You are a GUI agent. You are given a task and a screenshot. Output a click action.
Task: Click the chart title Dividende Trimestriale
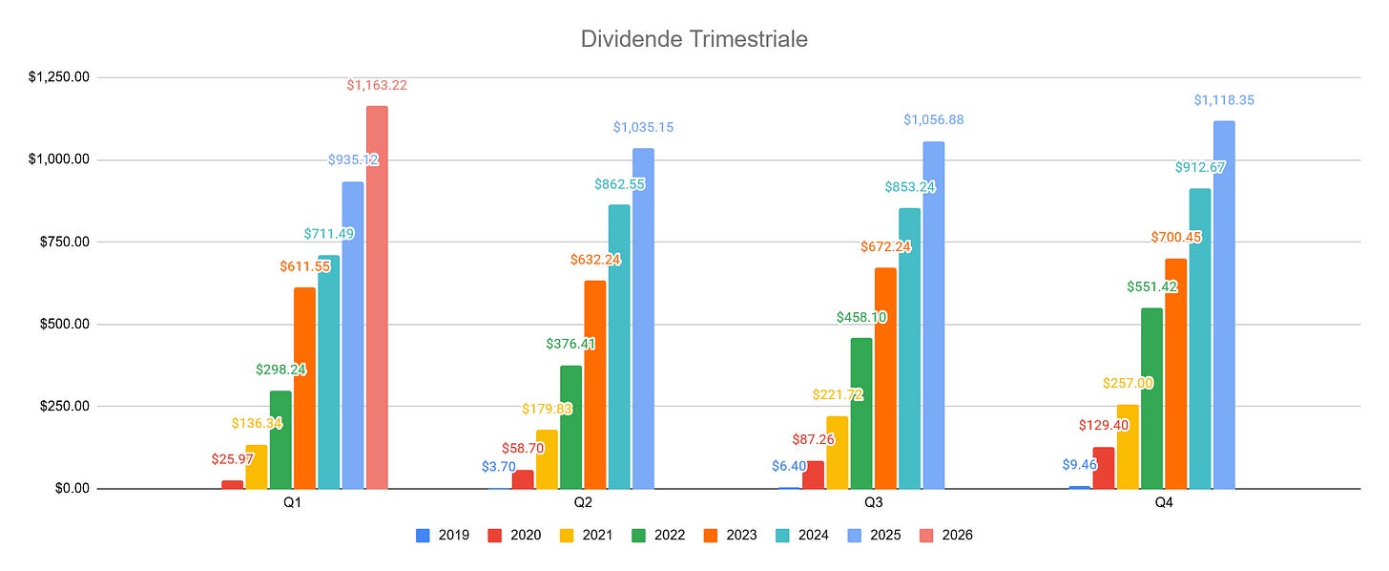pyautogui.click(x=694, y=39)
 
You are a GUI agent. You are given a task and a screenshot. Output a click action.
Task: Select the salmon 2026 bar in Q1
pyautogui.click(x=377, y=297)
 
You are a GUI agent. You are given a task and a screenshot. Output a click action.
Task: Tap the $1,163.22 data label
pyautogui.click(x=377, y=85)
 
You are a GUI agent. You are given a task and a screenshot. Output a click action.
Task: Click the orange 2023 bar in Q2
pyautogui.click(x=595, y=385)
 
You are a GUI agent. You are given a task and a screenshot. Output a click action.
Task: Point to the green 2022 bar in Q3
pyautogui.click(x=861, y=413)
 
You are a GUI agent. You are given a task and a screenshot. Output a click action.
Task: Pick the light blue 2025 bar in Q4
pyautogui.click(x=1224, y=305)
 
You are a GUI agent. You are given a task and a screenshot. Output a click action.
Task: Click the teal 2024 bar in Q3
pyautogui.click(x=910, y=349)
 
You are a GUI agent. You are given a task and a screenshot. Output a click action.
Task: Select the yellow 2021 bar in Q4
pyautogui.click(x=1128, y=447)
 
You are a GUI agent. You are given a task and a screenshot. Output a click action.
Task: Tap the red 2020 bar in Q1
pyautogui.click(x=233, y=485)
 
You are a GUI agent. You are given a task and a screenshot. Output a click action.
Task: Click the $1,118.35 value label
pyautogui.click(x=1224, y=100)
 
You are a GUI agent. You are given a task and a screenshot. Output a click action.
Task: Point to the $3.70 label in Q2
pyautogui.click(x=499, y=467)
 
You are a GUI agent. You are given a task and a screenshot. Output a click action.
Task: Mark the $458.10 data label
pyautogui.click(x=861, y=317)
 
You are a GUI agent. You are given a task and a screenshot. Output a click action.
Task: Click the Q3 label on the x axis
pyautogui.click(x=873, y=502)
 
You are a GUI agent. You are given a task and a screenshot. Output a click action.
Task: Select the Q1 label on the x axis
pyautogui.click(x=292, y=502)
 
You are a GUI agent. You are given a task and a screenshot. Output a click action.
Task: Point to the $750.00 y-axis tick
pyautogui.click(x=65, y=243)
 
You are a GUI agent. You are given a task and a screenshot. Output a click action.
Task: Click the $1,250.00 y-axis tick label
pyautogui.click(x=59, y=77)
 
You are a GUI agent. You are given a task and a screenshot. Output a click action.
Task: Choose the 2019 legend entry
pyautogui.click(x=443, y=535)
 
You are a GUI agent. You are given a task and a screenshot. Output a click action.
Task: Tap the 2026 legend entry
pyautogui.click(x=946, y=535)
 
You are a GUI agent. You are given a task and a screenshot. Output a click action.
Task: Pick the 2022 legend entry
pyautogui.click(x=658, y=535)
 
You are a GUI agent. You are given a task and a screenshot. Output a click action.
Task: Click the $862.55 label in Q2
pyautogui.click(x=619, y=184)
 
